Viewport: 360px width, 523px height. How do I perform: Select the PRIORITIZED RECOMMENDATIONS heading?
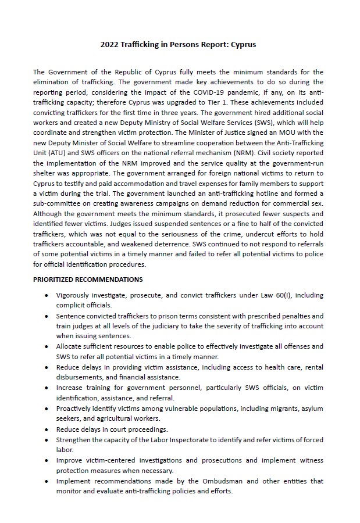pyautogui.click(x=88, y=280)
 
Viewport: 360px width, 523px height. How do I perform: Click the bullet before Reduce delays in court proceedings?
pyautogui.click(x=47, y=429)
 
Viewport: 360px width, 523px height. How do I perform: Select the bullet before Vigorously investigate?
pyautogui.click(x=47, y=295)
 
